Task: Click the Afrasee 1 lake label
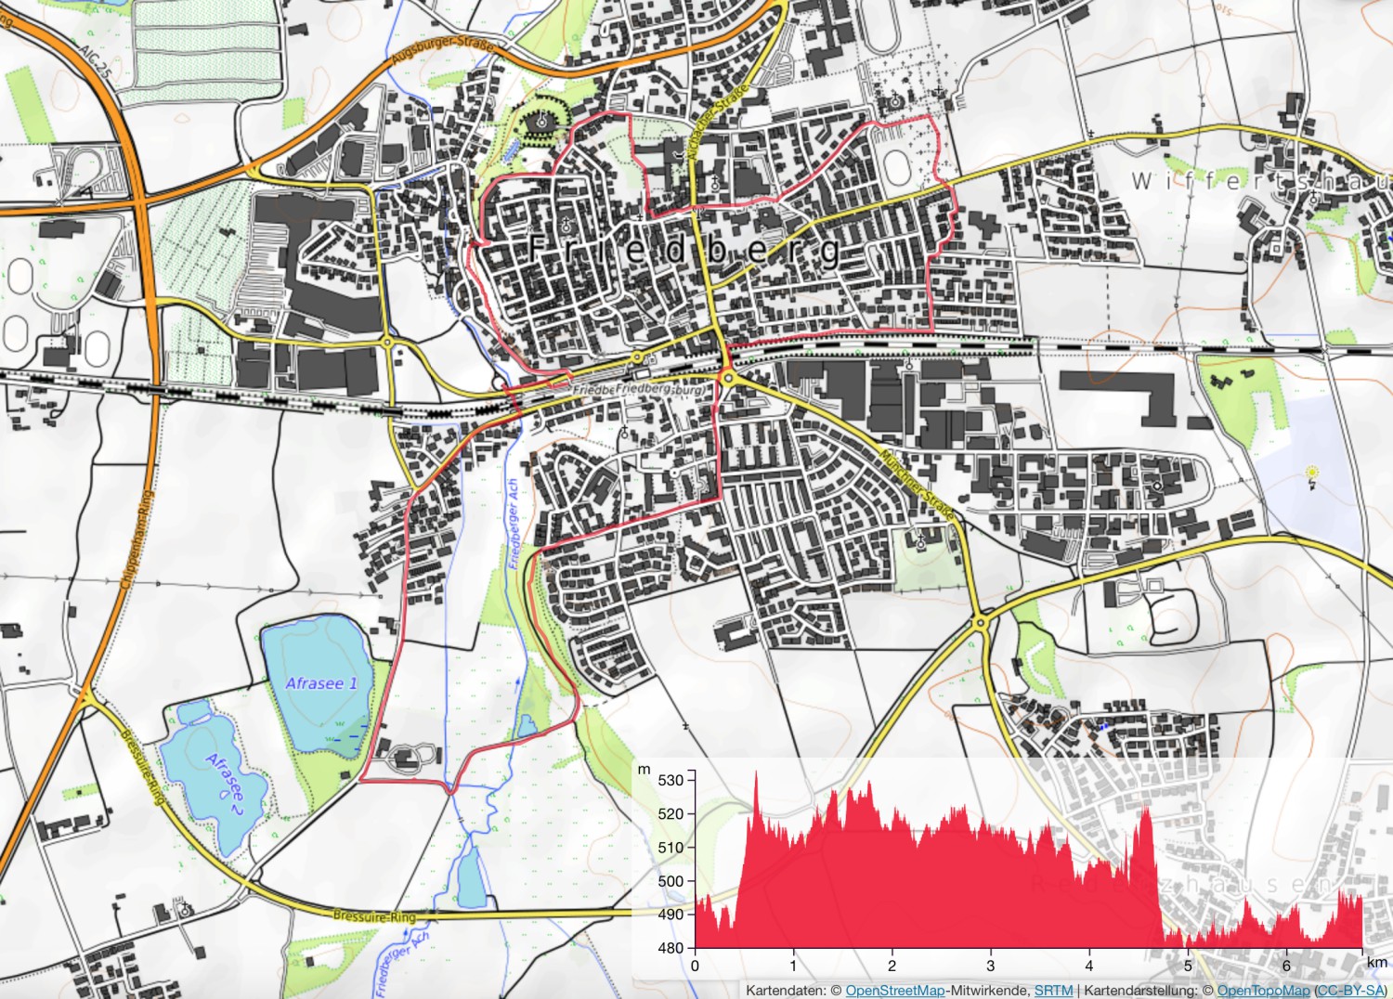click(x=321, y=683)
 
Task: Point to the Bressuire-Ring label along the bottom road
click(x=374, y=916)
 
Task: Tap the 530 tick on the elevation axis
click(x=670, y=780)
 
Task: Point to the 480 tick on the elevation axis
click(x=670, y=948)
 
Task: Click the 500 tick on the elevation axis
click(x=670, y=881)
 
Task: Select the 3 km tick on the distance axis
click(x=990, y=966)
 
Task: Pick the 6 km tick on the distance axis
click(x=1286, y=966)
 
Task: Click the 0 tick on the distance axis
click(x=695, y=966)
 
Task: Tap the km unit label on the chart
click(x=1376, y=963)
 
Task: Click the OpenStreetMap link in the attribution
click(x=894, y=991)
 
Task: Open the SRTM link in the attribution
click(x=1053, y=991)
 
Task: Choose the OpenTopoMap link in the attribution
click(x=1263, y=991)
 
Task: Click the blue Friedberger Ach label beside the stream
click(x=513, y=524)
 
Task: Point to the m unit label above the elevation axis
click(x=644, y=770)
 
